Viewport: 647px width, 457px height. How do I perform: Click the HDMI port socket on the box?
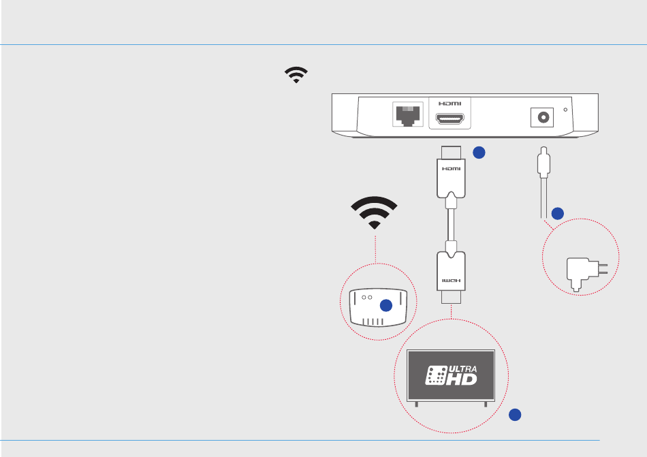[449, 120]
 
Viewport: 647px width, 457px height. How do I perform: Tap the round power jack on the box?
[543, 117]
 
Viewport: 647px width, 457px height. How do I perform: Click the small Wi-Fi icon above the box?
[296, 75]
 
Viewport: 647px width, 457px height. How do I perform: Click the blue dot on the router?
[386, 306]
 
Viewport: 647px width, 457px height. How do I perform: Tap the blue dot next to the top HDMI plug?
[479, 153]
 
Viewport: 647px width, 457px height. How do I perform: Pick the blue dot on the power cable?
[557, 213]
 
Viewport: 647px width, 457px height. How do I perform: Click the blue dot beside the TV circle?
[516, 413]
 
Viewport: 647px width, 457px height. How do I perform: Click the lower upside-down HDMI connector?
[450, 274]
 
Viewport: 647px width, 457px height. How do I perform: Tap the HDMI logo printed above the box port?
[449, 103]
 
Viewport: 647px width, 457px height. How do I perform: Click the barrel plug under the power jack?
[543, 163]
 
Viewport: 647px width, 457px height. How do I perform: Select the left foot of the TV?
[416, 404]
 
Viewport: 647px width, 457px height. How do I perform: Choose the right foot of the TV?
[486, 404]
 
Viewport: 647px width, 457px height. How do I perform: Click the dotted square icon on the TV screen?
[435, 375]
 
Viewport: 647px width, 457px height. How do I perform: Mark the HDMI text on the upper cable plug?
[449, 168]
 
